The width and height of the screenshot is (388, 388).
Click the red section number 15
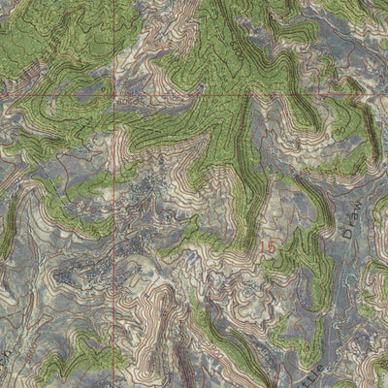269,248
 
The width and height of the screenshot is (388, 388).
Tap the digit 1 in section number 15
264,248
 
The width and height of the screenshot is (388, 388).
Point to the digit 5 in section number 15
273,248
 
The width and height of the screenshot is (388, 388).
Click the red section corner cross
113,98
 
